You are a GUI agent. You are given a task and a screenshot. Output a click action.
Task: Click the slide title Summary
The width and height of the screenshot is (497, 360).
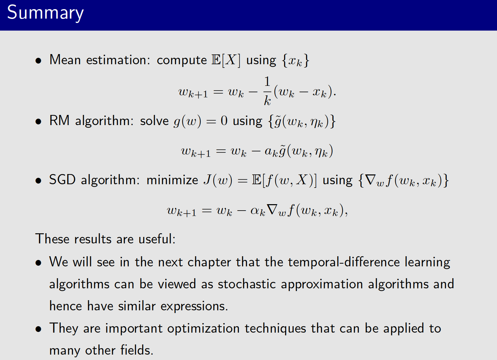45,13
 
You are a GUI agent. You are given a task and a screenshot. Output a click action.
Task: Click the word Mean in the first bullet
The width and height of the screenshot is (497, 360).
65,60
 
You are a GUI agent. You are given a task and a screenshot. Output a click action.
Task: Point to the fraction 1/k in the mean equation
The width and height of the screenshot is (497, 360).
267,91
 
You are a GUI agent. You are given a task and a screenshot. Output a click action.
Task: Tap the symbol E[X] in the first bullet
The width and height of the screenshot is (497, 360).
226,60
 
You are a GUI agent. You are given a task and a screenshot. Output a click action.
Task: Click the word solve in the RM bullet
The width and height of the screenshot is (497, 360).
154,121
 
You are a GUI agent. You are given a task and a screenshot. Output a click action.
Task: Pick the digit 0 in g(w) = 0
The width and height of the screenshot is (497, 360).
224,121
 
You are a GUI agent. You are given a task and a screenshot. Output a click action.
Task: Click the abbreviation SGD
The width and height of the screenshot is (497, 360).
62,180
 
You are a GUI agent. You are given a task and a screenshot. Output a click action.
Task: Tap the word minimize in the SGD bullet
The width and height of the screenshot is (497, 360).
172,180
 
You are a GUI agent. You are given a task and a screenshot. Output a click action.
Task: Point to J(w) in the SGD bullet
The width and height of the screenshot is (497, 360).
218,180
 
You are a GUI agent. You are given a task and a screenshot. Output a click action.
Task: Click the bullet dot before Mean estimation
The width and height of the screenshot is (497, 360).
39,61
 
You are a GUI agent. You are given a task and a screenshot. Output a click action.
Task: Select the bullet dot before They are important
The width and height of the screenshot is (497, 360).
39,329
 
